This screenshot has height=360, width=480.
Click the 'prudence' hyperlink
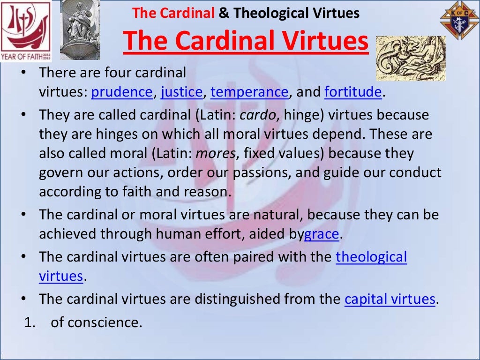(x=122, y=92)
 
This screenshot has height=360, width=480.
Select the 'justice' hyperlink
(x=181, y=92)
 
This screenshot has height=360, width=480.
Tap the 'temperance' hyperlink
(x=249, y=92)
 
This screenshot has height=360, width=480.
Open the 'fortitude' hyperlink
(x=353, y=92)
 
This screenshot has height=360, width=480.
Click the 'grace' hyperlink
(x=321, y=233)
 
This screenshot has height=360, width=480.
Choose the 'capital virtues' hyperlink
(x=390, y=299)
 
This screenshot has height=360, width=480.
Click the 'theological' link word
(x=371, y=257)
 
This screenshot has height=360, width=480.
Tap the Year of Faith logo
(x=26, y=30)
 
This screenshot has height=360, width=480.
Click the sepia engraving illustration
(x=410, y=58)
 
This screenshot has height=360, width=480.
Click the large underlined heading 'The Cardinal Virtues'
(x=246, y=41)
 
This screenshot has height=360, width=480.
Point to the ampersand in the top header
(x=224, y=13)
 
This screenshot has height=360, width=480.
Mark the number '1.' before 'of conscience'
(x=30, y=322)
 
